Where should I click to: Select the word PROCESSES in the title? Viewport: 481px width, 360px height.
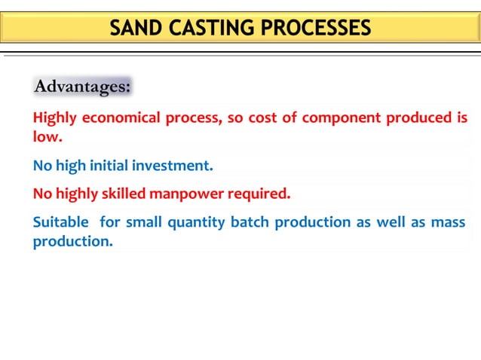tap(314, 29)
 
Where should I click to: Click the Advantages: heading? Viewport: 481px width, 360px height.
tap(82, 87)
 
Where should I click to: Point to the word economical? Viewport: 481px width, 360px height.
tap(120, 118)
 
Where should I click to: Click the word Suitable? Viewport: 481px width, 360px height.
tap(60, 223)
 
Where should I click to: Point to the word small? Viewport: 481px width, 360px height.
tap(143, 223)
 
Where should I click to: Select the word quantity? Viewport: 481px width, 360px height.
tap(195, 223)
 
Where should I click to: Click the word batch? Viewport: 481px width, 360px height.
tap(250, 223)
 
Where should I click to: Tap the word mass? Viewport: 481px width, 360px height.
tap(448, 223)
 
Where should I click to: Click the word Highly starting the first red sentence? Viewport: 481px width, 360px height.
tap(55, 118)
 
